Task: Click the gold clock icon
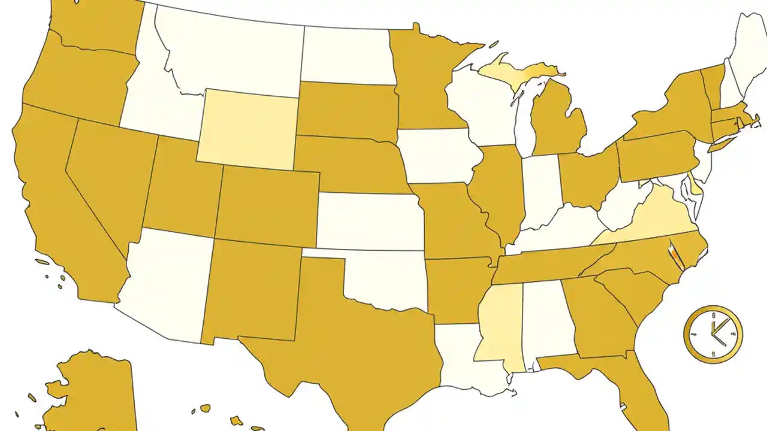(x=713, y=334)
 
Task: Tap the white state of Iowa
(x=439, y=156)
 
